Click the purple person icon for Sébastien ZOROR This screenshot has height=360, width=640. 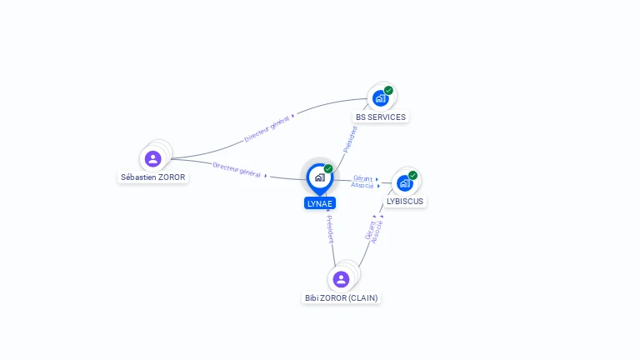pos(153,159)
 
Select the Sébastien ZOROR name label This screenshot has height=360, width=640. pos(153,177)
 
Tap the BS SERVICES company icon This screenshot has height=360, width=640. pos(380,98)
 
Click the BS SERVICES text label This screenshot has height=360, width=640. pos(381,117)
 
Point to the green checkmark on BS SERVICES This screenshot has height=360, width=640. pos(388,91)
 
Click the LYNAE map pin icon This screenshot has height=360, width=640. pos(320,179)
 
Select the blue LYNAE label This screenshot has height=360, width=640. pos(320,203)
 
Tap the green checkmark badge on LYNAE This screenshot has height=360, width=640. pos(328,168)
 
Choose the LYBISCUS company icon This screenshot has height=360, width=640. pos(405,183)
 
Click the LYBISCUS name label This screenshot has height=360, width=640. pos(405,201)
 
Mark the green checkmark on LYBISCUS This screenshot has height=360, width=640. pos(413,176)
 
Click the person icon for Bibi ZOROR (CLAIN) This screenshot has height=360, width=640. pos(341,280)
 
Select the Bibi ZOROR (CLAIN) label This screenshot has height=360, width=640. pos(341,298)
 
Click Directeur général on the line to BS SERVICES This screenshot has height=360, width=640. pos(267,128)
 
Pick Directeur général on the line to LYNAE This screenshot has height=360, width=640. pos(237,170)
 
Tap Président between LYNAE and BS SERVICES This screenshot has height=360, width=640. pos(350,140)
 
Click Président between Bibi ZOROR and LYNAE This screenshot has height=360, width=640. pos(330,229)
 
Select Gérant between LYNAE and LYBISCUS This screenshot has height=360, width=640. pos(362,178)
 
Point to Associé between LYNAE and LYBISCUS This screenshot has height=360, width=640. pos(362,185)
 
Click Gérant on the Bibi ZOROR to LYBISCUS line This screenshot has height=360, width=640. pos(370,230)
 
